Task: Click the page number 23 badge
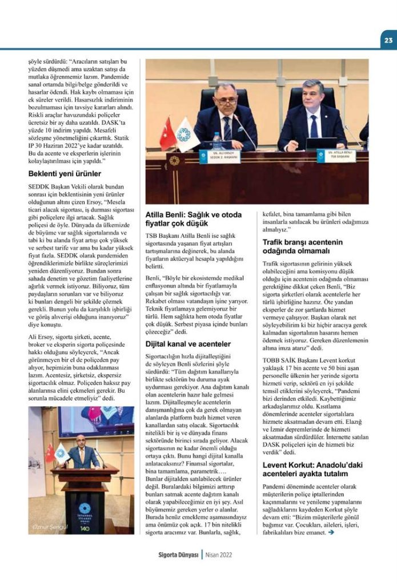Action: pos(387,40)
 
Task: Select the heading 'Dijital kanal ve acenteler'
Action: pos(188,344)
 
